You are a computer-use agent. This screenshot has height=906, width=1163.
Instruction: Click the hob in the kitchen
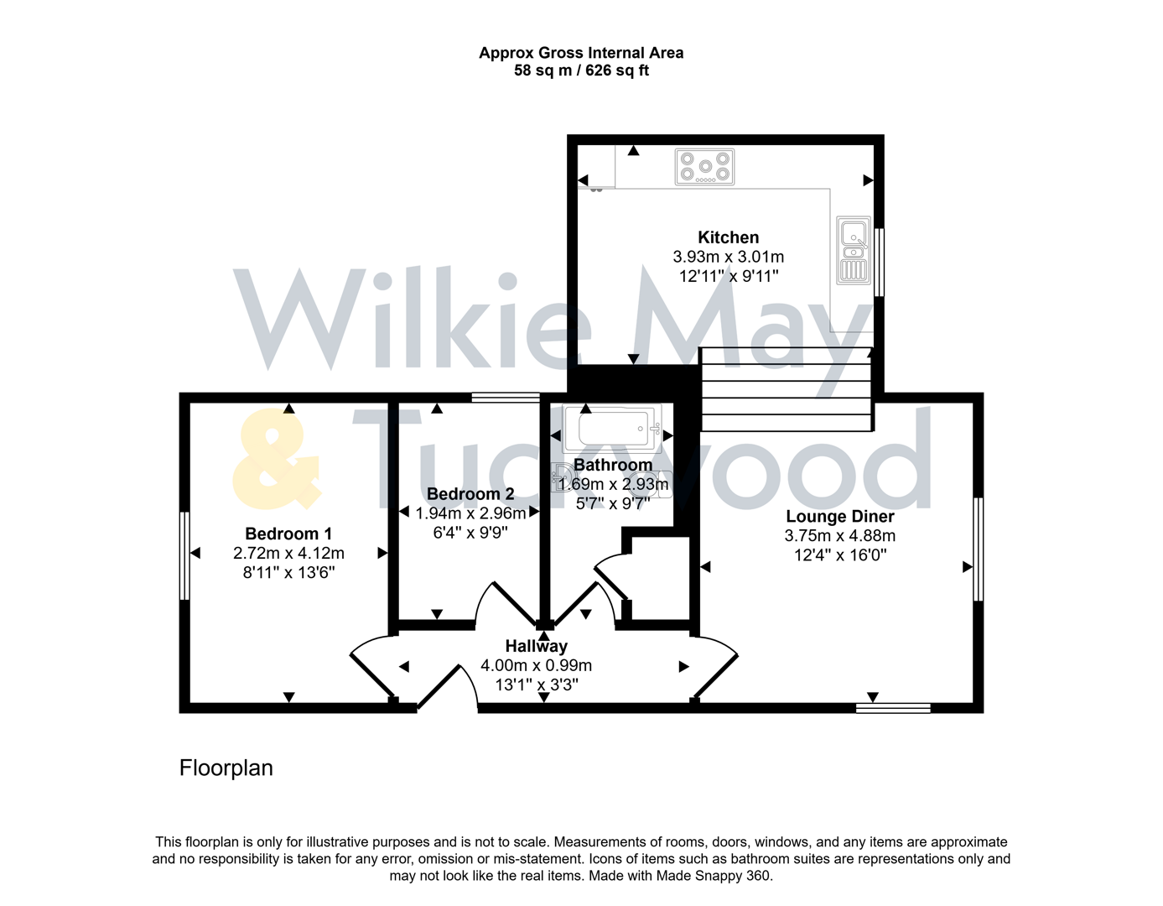704,166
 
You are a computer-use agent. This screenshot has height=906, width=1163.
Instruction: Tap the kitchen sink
854,249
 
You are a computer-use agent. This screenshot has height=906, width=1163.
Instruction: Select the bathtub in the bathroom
612,429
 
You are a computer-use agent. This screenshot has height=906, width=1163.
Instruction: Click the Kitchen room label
728,237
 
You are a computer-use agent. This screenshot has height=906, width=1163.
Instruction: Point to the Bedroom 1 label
288,534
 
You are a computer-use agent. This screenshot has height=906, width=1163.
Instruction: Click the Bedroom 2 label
470,494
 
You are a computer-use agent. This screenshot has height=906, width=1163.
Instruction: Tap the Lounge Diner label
839,517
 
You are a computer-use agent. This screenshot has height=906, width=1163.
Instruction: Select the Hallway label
536,646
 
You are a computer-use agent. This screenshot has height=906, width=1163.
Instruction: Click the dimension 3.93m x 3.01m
728,257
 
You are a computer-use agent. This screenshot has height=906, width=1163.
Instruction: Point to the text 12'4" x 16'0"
839,555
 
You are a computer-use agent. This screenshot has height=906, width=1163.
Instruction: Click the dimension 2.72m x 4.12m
288,553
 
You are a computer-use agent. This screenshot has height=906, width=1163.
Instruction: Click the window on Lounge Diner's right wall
978,549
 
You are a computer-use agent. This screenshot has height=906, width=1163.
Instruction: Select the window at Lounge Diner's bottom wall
893,708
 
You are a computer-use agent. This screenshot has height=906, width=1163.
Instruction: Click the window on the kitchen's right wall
879,262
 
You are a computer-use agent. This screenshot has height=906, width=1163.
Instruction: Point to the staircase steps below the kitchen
786,389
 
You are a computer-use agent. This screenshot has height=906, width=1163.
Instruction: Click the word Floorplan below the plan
226,768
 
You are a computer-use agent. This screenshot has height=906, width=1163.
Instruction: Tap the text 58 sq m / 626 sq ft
581,70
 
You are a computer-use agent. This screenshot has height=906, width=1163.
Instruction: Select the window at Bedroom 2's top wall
506,398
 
